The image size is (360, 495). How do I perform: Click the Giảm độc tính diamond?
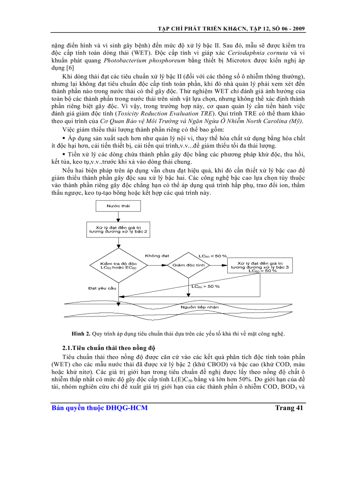189,265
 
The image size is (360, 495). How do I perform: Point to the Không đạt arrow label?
156,256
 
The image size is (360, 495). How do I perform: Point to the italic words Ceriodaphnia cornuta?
250,53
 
